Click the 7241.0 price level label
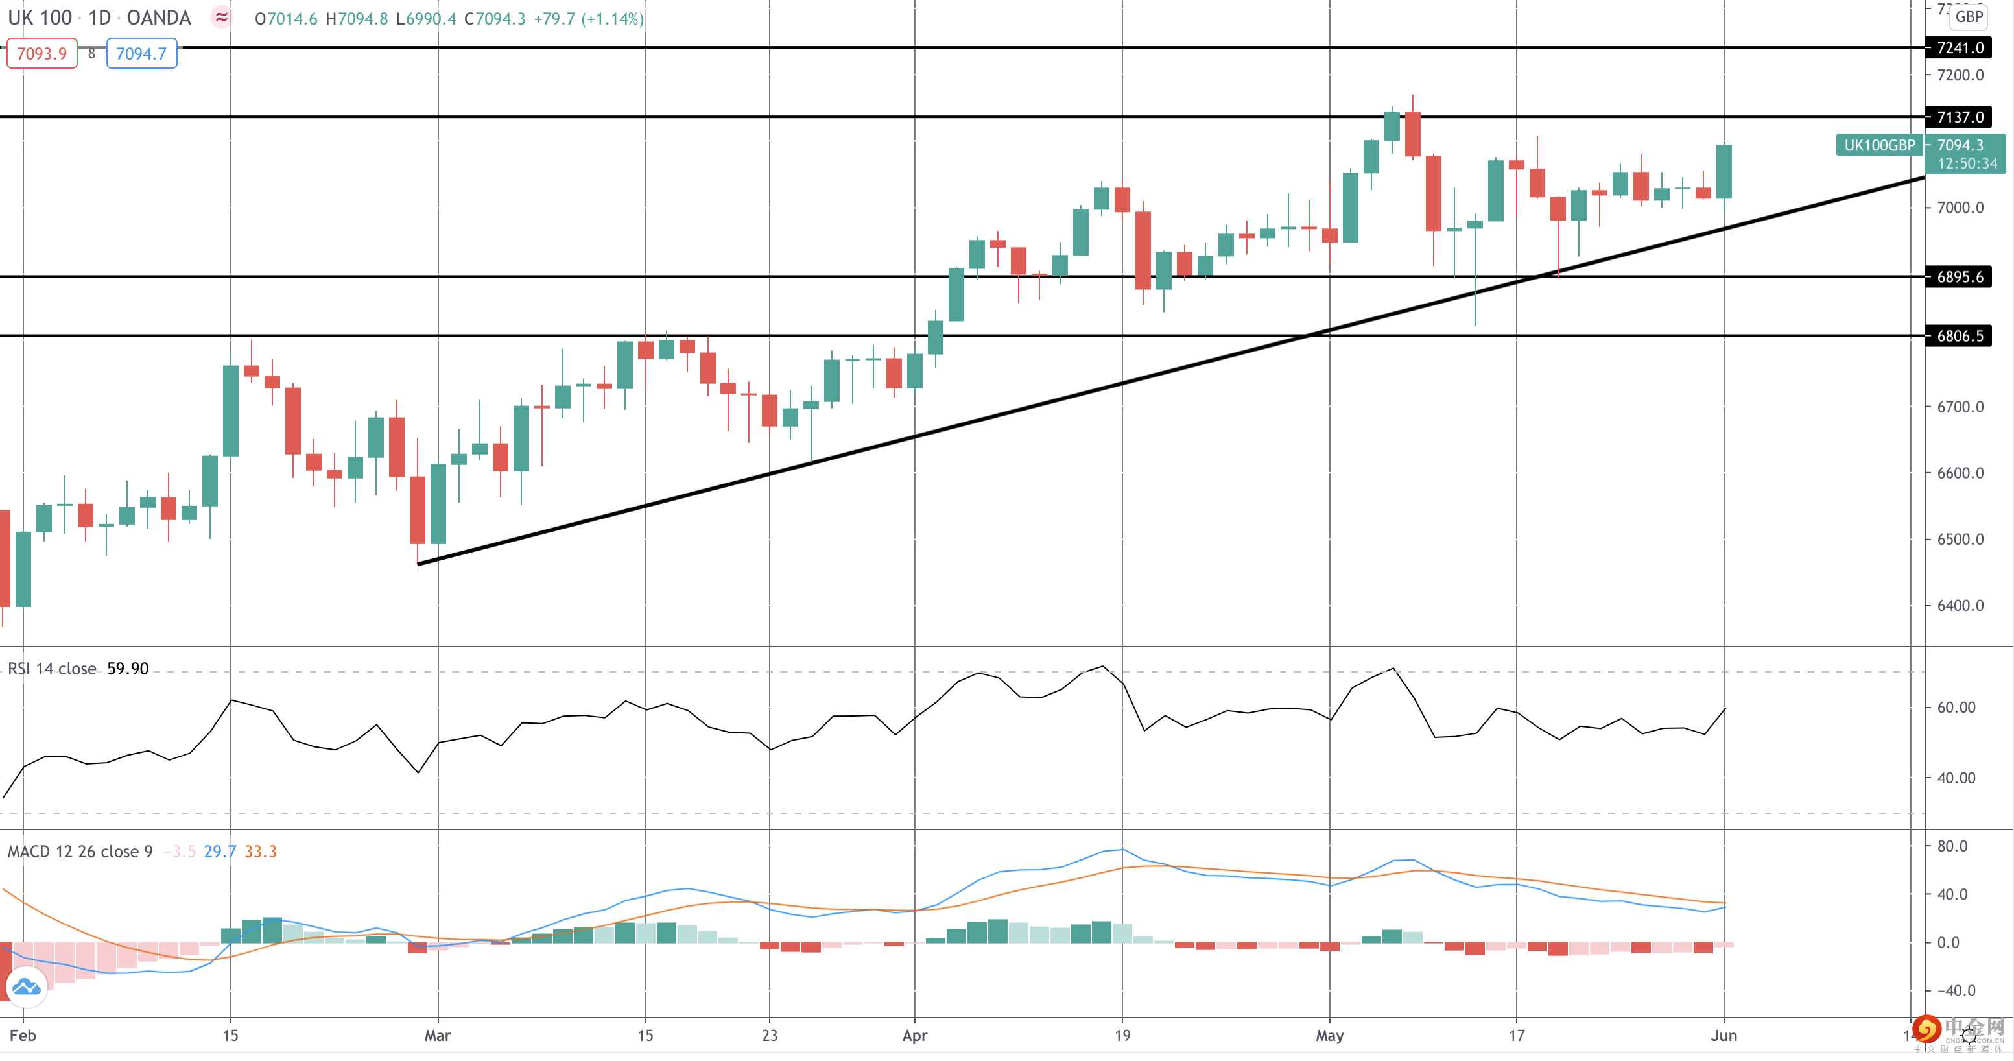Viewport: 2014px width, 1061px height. coord(1960,48)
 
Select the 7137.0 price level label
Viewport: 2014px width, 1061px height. coord(1960,117)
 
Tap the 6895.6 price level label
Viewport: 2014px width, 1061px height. coord(1960,277)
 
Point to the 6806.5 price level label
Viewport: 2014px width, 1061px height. coord(1960,336)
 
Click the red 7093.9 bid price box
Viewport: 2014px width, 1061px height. coord(42,54)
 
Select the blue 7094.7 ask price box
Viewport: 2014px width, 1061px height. coord(141,54)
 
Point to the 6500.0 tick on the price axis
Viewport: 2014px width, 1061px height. coord(1960,540)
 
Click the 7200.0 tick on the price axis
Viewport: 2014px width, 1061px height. coord(1960,75)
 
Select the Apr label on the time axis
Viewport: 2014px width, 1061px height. coord(914,1036)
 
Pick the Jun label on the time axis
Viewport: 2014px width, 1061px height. coord(1724,1036)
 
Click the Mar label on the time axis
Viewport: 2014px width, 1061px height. coord(437,1036)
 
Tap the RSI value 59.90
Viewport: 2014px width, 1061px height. coord(128,669)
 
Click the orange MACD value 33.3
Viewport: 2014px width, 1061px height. coord(261,852)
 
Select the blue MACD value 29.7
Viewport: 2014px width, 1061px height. coord(220,852)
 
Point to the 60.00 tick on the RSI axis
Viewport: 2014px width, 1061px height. coord(1956,708)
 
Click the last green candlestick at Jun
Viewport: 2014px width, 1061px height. coord(1724,171)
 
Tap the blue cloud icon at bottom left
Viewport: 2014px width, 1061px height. coord(26,986)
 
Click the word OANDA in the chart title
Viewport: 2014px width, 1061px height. coord(159,18)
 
